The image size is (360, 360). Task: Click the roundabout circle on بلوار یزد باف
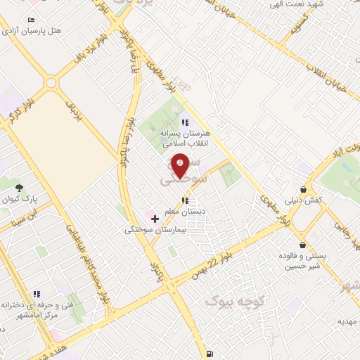pyautogui.click(x=51, y=83)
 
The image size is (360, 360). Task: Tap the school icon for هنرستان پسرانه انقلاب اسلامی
pyautogui.click(x=186, y=122)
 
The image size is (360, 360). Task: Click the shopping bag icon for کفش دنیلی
pyautogui.click(x=302, y=189)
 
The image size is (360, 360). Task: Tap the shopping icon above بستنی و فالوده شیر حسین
pyautogui.click(x=302, y=245)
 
